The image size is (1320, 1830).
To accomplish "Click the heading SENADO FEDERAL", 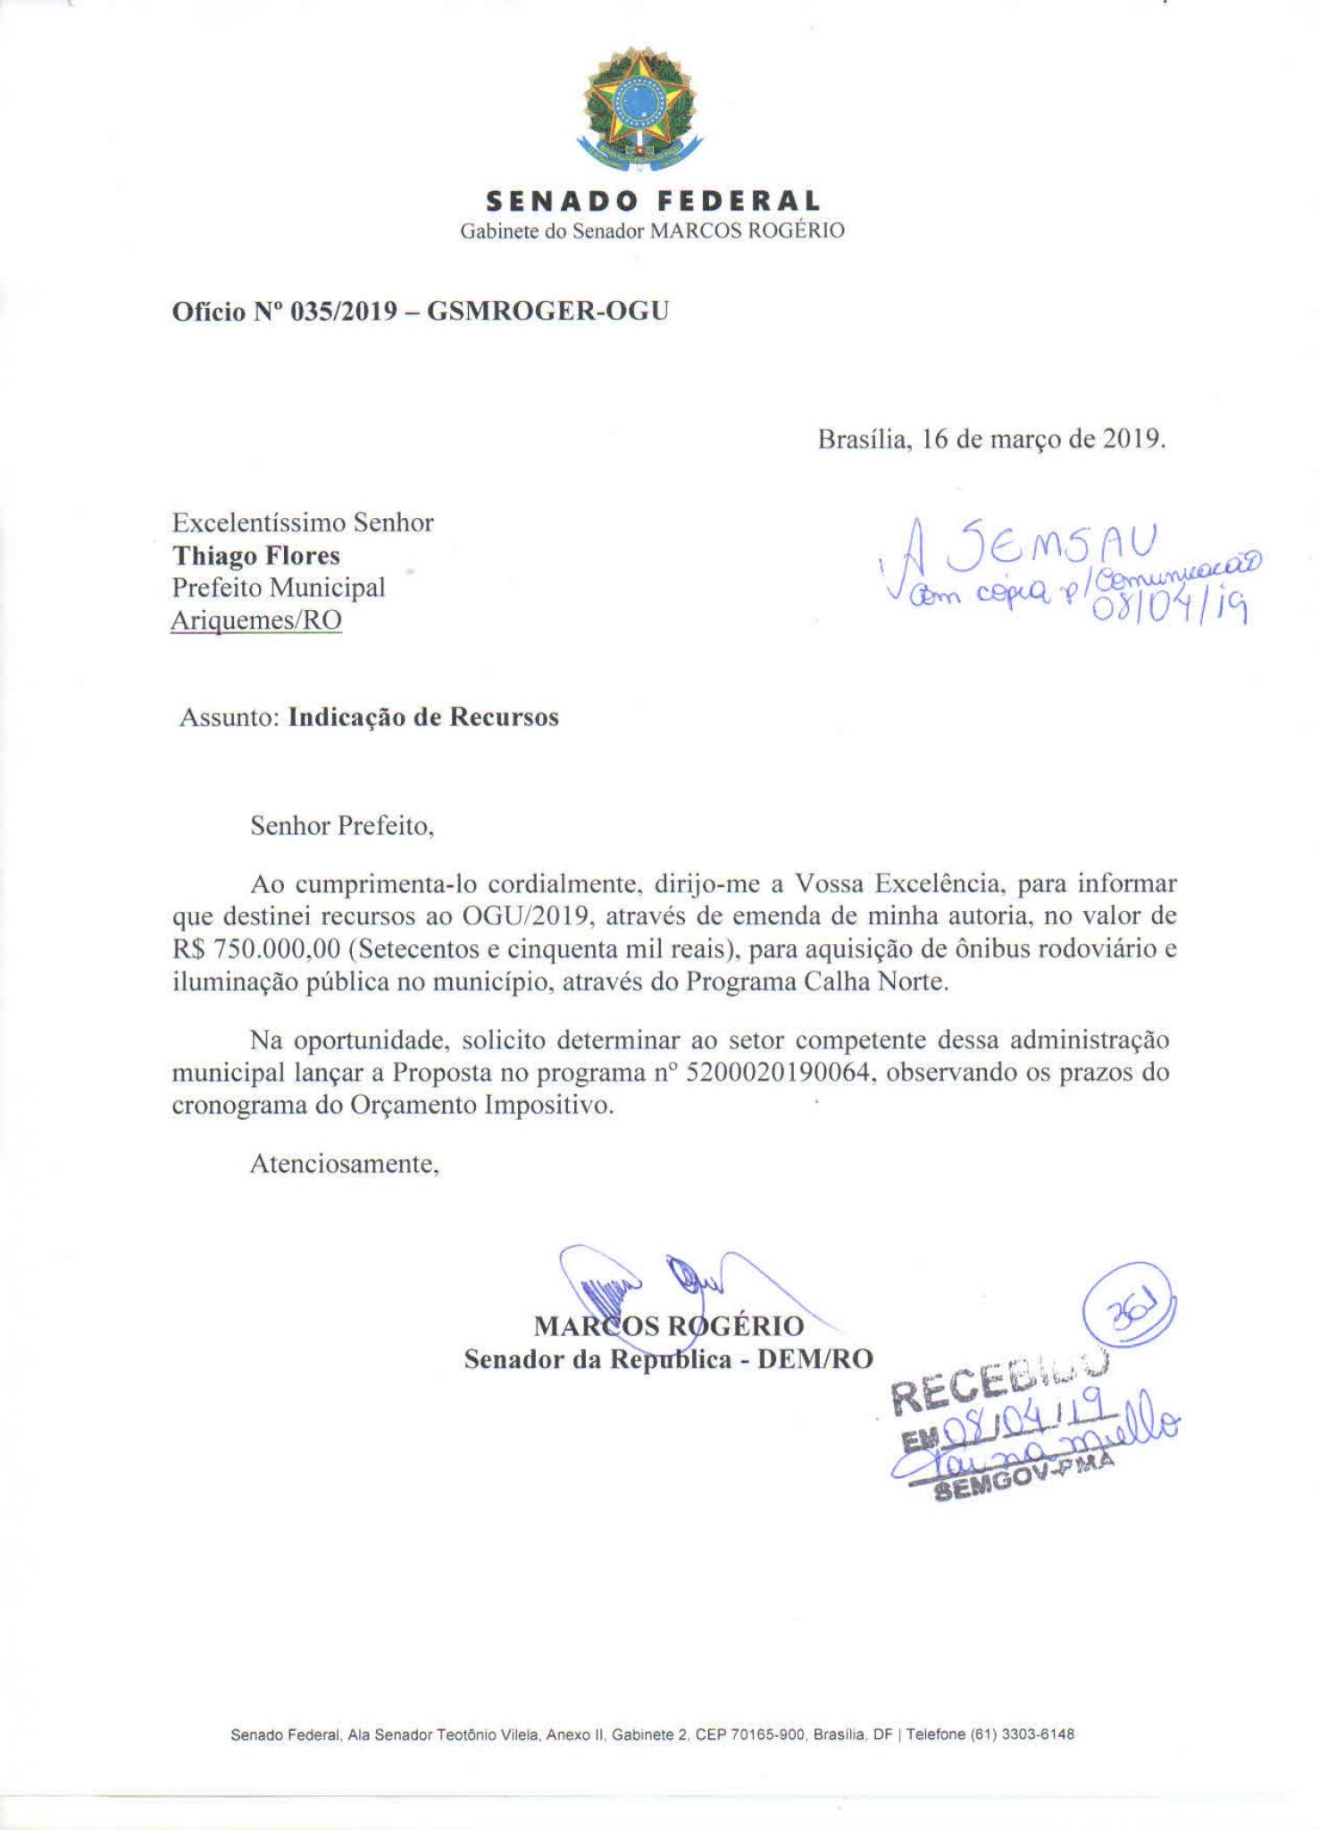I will (x=652, y=200).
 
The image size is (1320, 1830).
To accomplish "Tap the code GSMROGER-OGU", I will (x=547, y=311).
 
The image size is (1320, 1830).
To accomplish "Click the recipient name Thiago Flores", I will (x=256, y=556).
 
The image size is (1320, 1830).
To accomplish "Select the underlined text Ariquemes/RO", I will (x=256, y=619).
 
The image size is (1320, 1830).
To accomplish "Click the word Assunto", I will (x=230, y=718).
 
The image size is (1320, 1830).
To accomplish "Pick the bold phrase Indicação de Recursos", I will (x=423, y=718).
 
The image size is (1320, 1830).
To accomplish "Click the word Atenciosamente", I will (x=344, y=1164).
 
